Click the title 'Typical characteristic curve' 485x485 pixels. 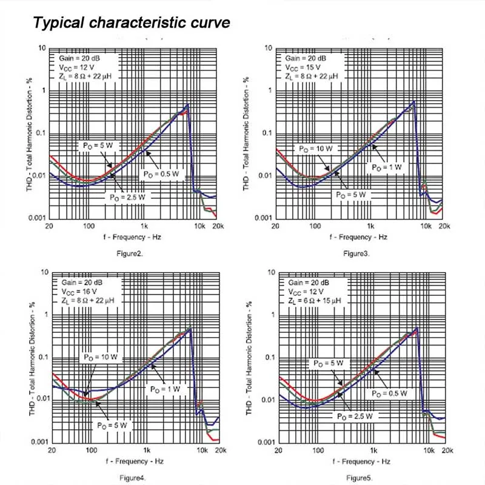click(132, 22)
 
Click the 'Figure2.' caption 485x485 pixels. click(130, 253)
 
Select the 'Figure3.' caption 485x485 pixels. click(356, 253)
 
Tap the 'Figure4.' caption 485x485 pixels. click(132, 478)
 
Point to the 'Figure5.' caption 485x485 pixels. click(359, 478)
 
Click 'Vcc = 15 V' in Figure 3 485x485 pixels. click(303, 67)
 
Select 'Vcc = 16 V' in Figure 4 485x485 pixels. click(79, 292)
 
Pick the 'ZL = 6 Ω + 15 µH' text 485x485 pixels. click(314, 301)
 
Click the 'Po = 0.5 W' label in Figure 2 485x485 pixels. click(161, 174)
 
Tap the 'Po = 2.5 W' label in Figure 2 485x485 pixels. click(127, 198)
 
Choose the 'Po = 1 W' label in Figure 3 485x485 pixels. click(387, 167)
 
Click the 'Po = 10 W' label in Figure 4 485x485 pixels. click(101, 357)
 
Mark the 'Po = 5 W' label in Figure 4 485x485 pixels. click(112, 426)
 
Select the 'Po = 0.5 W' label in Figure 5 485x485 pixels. click(389, 393)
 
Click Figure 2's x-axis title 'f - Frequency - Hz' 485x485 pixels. click(132, 237)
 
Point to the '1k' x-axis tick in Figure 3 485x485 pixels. click(370, 226)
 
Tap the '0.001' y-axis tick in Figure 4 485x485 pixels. click(39, 442)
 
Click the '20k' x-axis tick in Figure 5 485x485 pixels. click(447, 450)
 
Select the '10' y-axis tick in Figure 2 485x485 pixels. click(42, 48)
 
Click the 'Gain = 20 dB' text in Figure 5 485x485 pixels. click(309, 283)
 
